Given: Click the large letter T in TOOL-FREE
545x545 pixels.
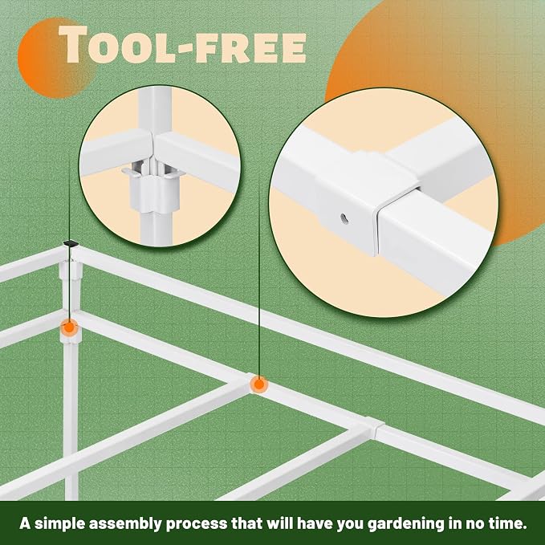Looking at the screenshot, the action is [x=73, y=44].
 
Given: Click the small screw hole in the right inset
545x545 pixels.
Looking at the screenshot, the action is [x=344, y=219].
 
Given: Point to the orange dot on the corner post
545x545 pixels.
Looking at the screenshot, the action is [x=69, y=327].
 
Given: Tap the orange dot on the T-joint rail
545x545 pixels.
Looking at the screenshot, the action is [x=259, y=384].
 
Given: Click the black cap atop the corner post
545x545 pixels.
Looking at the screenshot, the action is [x=71, y=244].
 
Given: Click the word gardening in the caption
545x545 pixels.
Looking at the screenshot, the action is [x=406, y=523].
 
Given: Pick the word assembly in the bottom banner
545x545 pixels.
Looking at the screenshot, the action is [x=125, y=523].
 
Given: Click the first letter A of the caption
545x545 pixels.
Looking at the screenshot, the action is [x=25, y=523].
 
